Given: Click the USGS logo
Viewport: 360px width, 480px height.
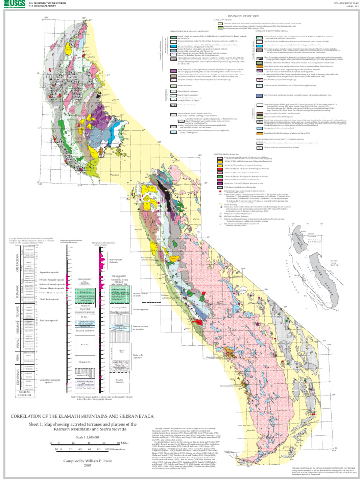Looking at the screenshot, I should (x=11, y=5).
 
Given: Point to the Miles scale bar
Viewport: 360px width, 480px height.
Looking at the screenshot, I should (x=89, y=443).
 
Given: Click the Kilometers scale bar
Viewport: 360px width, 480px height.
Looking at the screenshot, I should (x=89, y=449).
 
